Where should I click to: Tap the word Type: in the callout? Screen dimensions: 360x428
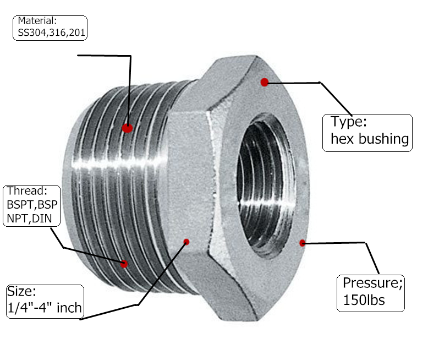[x=348, y=122]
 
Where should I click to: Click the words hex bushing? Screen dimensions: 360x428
[x=370, y=139]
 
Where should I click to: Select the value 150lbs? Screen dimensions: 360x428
[x=364, y=301]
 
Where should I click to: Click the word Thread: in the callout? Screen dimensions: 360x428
[x=28, y=192]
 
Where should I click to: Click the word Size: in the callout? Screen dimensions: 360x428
[x=23, y=292]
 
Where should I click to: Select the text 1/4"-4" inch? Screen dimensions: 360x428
[x=43, y=308]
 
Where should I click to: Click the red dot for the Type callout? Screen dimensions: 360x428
[x=265, y=82]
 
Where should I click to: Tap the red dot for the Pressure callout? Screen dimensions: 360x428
[x=302, y=243]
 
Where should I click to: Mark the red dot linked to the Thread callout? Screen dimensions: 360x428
[x=124, y=264]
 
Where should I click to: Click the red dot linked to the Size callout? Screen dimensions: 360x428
[x=186, y=242]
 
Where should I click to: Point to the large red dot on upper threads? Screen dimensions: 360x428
[x=127, y=128]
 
